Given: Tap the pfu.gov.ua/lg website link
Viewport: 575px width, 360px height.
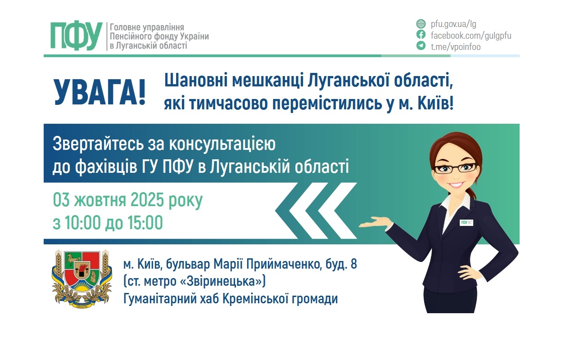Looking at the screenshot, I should coord(450,24).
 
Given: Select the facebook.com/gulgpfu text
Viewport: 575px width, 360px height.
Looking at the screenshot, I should coord(471,35).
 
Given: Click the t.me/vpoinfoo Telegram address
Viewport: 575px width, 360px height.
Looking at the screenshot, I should coord(456,46).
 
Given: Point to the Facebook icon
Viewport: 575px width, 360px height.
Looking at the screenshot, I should coord(421,35).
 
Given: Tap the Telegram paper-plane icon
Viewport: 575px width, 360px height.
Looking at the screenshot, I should coord(421,46).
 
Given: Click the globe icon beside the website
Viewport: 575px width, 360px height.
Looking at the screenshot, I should coord(421,24).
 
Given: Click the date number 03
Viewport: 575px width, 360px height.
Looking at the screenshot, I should coord(62,200).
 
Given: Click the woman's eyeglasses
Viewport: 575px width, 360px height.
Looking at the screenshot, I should coord(455,168).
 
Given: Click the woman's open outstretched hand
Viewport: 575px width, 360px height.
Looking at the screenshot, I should coord(375,221).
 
